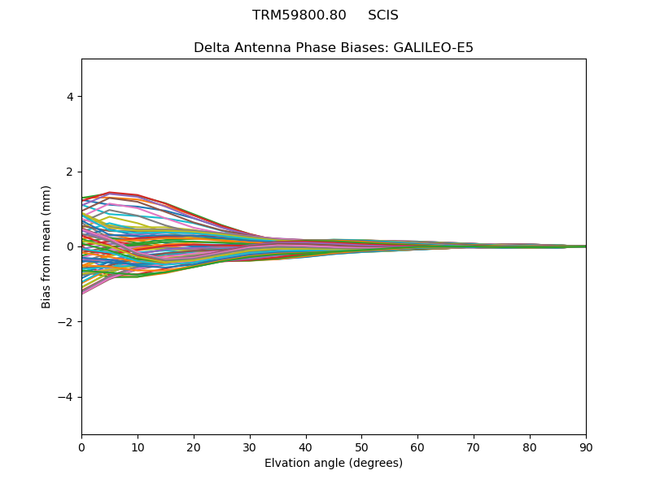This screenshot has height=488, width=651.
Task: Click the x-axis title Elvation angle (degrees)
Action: click(334, 463)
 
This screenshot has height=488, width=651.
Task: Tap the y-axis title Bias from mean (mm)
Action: click(47, 246)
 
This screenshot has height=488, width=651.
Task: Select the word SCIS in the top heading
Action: click(383, 15)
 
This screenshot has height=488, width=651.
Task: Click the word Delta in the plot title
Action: click(210, 48)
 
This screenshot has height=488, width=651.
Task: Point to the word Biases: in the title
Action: click(365, 48)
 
